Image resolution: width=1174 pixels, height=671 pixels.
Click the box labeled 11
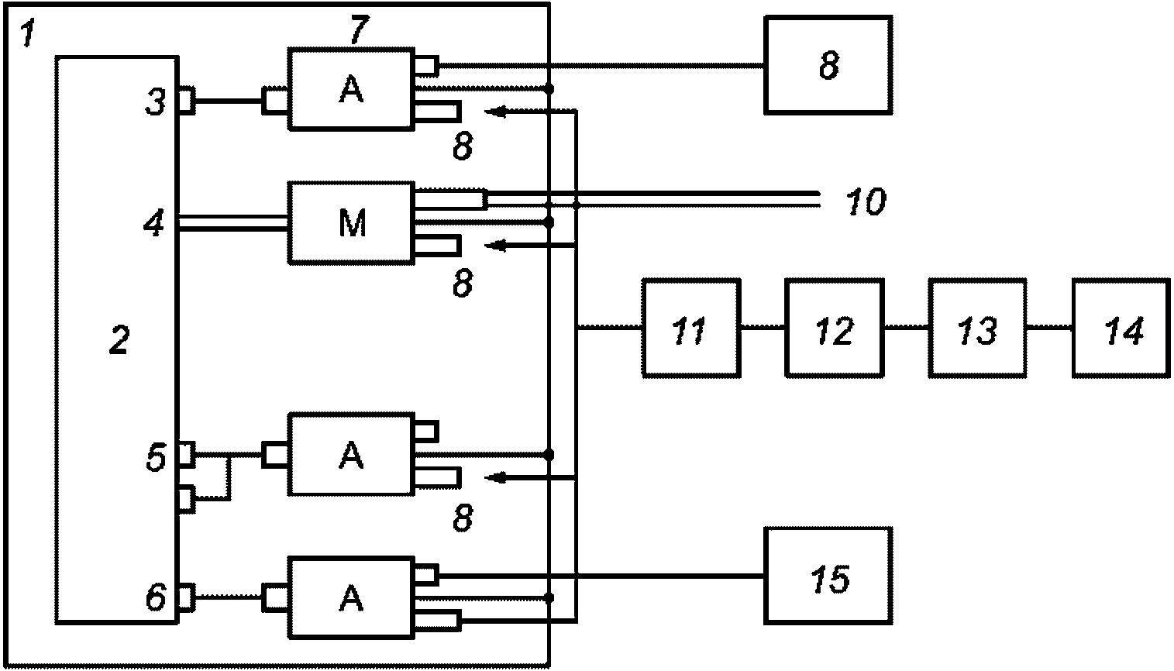point(691,329)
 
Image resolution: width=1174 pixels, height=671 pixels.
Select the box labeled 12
point(835,329)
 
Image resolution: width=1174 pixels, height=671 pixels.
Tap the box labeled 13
point(977,329)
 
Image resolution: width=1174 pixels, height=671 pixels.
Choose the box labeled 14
point(1121,329)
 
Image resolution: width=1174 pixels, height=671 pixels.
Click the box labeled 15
point(828,576)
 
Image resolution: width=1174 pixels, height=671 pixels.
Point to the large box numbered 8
point(828,65)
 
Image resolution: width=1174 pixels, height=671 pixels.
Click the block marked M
point(351,222)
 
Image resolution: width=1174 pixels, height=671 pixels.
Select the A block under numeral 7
point(351,88)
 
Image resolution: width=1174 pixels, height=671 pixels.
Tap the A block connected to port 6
point(351,598)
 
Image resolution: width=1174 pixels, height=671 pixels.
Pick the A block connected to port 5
point(351,455)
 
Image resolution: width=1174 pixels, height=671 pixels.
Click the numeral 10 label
point(866,201)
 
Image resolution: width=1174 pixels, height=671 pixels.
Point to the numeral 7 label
point(359,29)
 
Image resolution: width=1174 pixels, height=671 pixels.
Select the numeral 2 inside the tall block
point(119,339)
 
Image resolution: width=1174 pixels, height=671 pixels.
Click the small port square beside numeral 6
point(187,597)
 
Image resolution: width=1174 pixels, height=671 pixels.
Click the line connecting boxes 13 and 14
point(1049,328)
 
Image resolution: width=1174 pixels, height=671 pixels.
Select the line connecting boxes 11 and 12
point(763,328)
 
